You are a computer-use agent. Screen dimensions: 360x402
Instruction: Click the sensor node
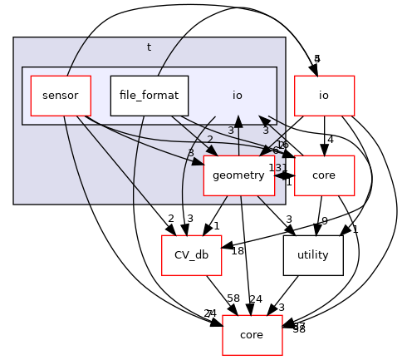pos(59,95)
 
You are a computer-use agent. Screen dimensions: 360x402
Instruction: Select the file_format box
pos(149,95)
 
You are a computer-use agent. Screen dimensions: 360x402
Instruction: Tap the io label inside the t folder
pos(237,95)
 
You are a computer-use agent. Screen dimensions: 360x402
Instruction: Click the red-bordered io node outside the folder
pos(324,95)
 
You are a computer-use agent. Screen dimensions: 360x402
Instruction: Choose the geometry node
pos(238,175)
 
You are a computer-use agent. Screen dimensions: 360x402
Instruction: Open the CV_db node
pos(191,255)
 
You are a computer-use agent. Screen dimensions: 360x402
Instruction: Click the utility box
pos(312,255)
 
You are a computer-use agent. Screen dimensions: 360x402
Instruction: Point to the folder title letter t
pos(149,47)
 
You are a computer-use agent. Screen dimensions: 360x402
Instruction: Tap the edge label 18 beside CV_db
pos(237,251)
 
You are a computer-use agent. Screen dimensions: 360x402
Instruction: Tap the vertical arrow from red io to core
pos(324,134)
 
